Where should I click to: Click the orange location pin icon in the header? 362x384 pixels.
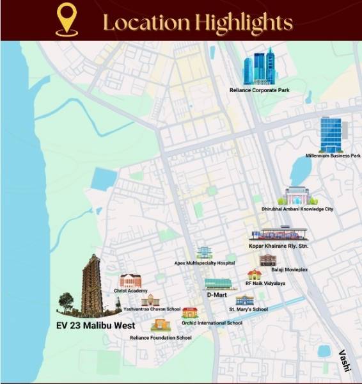point(67,20)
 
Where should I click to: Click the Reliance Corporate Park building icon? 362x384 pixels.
point(259,67)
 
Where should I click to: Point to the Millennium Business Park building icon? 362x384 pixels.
point(331,134)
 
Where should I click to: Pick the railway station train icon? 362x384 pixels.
point(278,234)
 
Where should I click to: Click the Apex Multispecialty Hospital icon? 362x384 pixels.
point(204,252)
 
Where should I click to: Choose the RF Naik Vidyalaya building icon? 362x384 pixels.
point(255,275)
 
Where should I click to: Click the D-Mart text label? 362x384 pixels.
point(217,295)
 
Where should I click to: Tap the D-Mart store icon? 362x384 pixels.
point(217,284)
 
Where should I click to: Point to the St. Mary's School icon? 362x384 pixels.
point(244,300)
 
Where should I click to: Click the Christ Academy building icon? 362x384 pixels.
point(130,280)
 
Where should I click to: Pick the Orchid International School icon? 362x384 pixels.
point(190,313)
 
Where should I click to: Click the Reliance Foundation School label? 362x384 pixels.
point(161,337)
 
